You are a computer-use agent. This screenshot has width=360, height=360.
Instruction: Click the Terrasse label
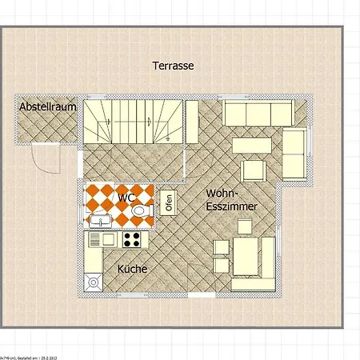(174, 66)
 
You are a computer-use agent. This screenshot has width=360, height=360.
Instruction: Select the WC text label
(126, 197)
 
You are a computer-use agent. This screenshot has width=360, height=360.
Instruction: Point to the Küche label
(132, 270)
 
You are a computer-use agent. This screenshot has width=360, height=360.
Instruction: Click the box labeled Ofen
(169, 202)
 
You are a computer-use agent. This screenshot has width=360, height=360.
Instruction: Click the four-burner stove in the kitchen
(131, 238)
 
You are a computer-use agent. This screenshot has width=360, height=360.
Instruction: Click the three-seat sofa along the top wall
(258, 114)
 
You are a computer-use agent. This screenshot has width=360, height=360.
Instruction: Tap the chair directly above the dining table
(245, 226)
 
